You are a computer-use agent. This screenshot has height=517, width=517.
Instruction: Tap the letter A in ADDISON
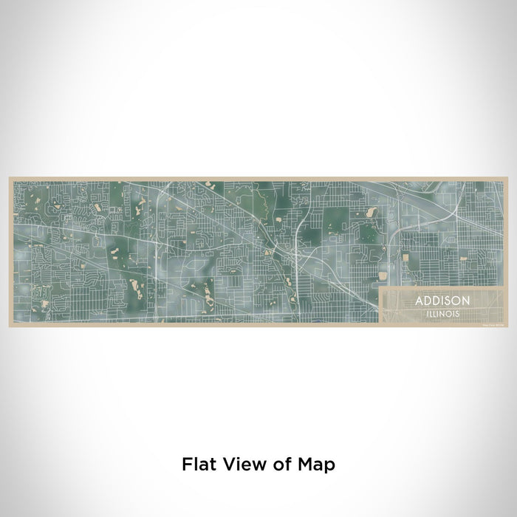click(419, 301)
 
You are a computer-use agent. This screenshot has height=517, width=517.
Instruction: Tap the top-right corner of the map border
click(507, 177)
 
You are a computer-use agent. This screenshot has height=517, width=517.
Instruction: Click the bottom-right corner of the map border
click(507, 327)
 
